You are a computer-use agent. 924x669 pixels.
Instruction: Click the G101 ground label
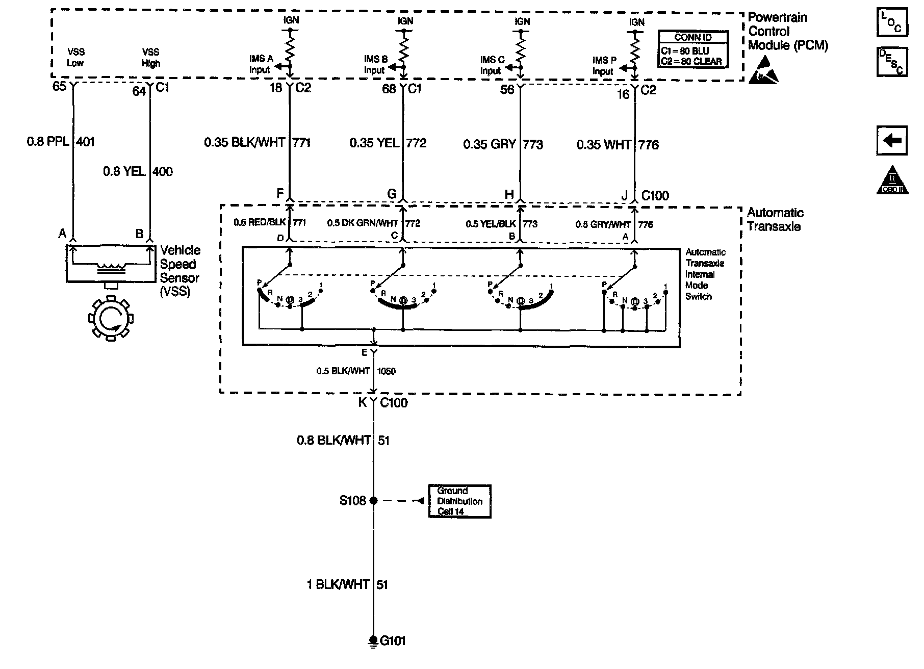(x=393, y=640)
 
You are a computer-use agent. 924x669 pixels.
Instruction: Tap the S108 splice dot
(x=373, y=501)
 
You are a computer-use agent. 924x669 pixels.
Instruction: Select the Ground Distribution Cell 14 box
(x=459, y=501)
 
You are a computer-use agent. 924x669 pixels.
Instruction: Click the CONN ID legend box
(x=693, y=49)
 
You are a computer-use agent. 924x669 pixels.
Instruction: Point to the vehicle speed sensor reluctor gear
(x=110, y=320)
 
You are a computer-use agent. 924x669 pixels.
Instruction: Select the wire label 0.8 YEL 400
(x=138, y=171)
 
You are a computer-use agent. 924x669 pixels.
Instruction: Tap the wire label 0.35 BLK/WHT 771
(x=258, y=143)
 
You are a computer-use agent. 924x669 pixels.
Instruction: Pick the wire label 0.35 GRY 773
(x=503, y=145)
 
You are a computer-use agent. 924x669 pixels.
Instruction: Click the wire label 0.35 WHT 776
(x=618, y=145)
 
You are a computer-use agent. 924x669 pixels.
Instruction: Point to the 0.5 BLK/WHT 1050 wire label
(x=356, y=371)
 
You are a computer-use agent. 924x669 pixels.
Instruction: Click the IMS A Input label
(x=261, y=64)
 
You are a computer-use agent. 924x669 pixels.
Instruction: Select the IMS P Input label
(x=604, y=66)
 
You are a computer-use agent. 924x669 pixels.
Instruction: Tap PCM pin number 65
(x=60, y=86)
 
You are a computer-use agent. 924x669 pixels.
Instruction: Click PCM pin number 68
(x=389, y=89)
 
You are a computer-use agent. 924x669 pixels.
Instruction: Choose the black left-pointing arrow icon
(x=892, y=140)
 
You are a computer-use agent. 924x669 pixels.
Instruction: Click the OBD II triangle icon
(x=892, y=181)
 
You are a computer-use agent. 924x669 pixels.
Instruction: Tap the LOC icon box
(x=892, y=22)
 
